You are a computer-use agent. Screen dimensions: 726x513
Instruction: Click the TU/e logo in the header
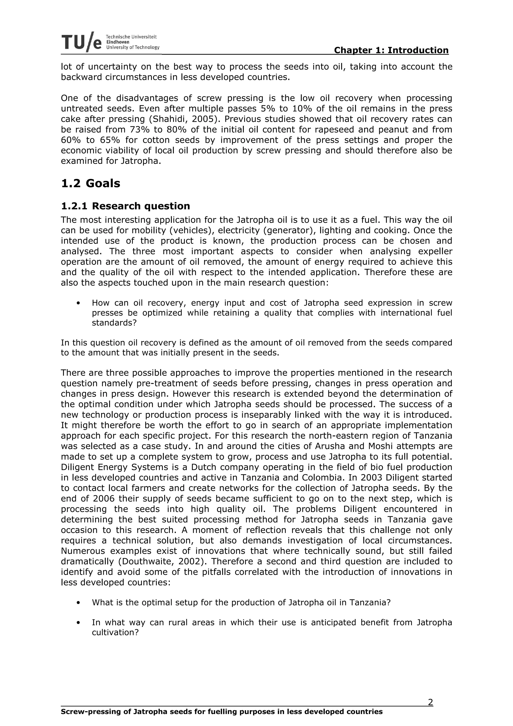click(x=82, y=42)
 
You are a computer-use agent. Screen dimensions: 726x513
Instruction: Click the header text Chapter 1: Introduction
click(x=391, y=50)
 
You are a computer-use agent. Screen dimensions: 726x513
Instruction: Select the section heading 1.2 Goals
click(x=90, y=183)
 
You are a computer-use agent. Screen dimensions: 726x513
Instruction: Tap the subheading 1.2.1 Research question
click(x=125, y=206)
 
